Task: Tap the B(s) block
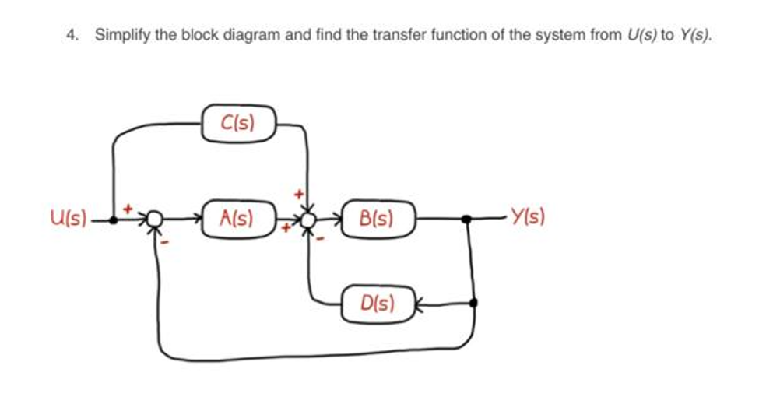click(377, 218)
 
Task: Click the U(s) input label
click(68, 217)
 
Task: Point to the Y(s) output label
click(527, 217)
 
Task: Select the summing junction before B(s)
click(309, 220)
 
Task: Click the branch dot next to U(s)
click(114, 220)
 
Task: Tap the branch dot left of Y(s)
click(466, 220)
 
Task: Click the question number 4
click(72, 36)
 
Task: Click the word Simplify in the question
click(121, 36)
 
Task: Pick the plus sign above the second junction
click(297, 190)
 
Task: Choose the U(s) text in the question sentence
click(641, 36)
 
